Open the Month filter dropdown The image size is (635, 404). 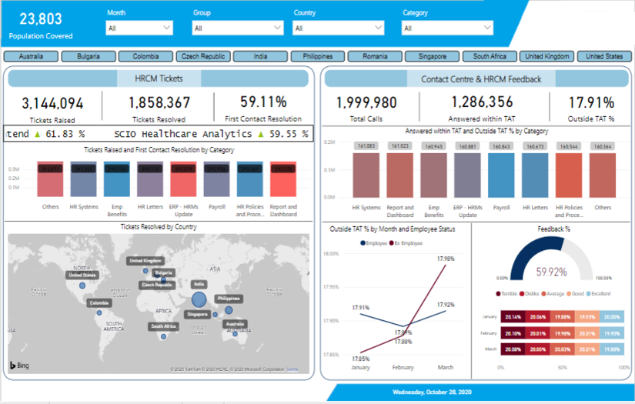click(139, 28)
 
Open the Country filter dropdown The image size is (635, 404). click(338, 28)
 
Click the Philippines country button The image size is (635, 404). click(318, 56)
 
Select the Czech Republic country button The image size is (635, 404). click(203, 56)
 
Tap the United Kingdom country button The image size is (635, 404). click(546, 56)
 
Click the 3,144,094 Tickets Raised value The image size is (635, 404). click(52, 103)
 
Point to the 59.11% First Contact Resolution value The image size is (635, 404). click(263, 102)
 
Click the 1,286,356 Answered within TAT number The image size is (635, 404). click(481, 102)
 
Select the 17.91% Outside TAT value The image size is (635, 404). click(591, 102)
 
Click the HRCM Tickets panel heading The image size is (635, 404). click(159, 78)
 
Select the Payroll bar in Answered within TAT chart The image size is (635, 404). click(501, 175)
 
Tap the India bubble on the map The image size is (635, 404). click(199, 299)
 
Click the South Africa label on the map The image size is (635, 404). click(164, 326)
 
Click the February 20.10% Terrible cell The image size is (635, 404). click(513, 332)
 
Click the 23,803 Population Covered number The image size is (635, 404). click(40, 18)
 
